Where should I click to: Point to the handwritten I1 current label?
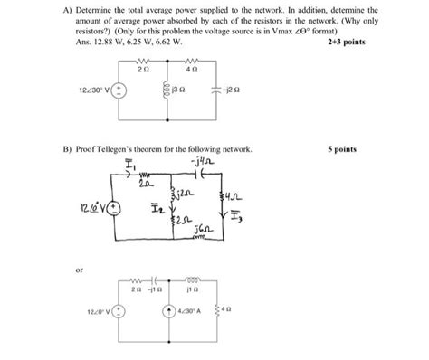130,167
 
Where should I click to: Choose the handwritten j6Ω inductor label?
200,229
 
